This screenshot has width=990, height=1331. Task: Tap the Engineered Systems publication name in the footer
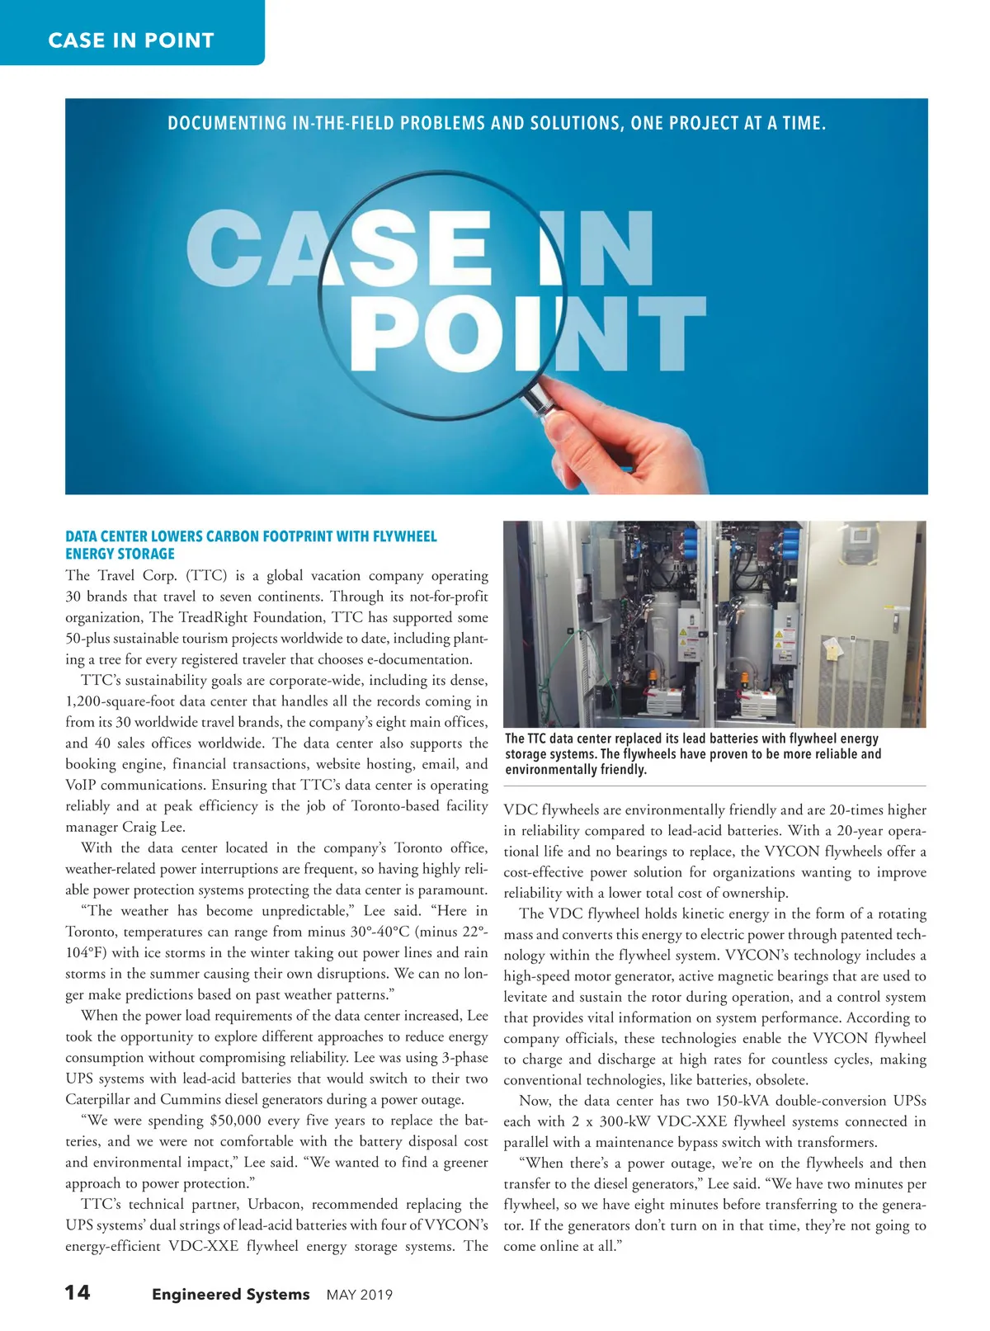(x=230, y=1294)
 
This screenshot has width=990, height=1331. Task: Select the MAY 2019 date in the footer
(x=360, y=1295)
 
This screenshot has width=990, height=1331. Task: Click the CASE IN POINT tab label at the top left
(x=131, y=40)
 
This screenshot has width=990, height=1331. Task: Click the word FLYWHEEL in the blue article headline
(x=404, y=536)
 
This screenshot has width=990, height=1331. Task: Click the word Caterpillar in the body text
(x=97, y=1099)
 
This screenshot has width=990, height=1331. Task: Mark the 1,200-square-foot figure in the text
(x=134, y=701)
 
